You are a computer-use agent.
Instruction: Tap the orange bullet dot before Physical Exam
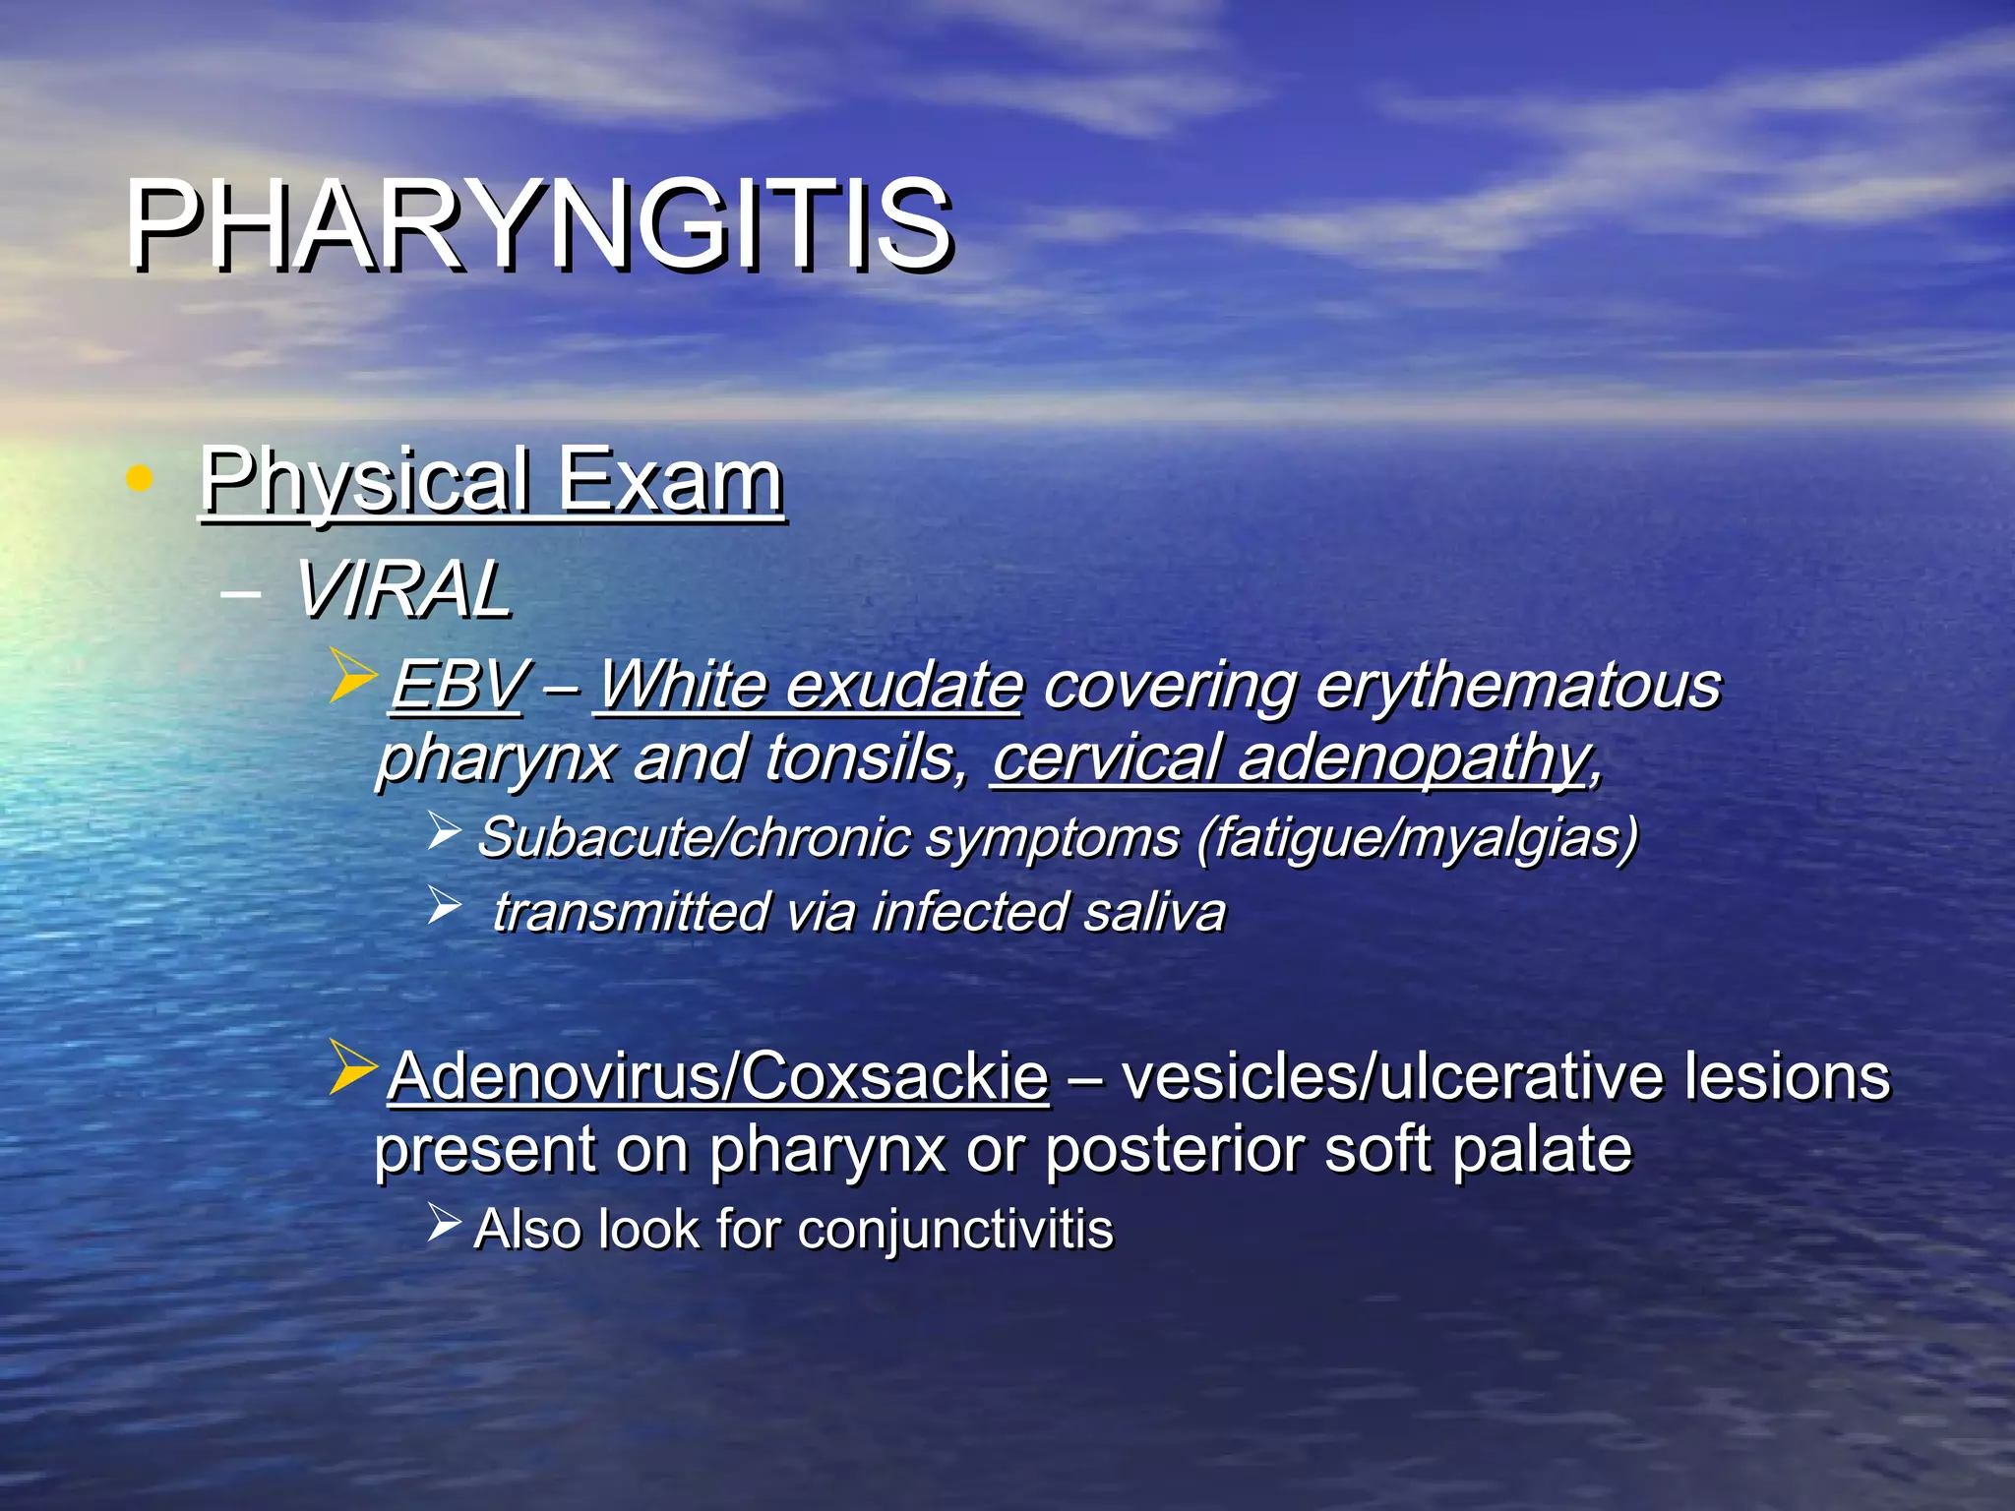point(140,479)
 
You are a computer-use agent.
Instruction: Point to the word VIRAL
point(403,590)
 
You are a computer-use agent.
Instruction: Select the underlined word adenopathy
point(1413,757)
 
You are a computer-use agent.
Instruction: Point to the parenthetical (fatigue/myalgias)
point(1418,837)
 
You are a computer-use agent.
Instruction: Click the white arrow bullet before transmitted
point(444,905)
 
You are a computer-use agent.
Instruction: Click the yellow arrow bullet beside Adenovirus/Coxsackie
point(352,1066)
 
